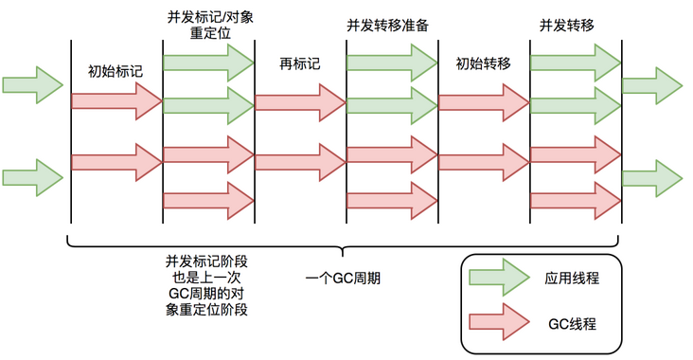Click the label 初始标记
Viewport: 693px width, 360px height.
point(114,71)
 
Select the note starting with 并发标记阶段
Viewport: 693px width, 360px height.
point(207,284)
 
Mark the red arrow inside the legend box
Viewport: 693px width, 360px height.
point(503,323)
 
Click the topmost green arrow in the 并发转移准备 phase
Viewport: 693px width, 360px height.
point(391,63)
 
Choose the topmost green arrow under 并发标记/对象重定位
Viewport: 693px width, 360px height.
point(208,63)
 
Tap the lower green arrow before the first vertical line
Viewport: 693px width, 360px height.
point(32,177)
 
